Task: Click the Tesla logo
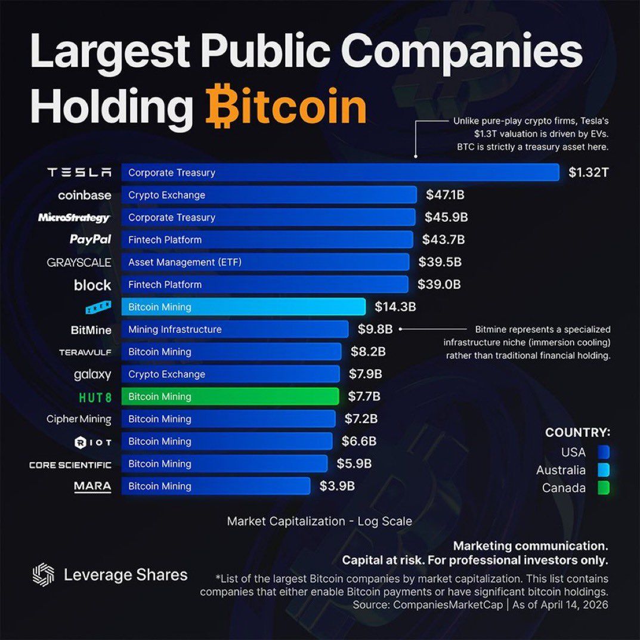click(x=79, y=172)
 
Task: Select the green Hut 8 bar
click(x=230, y=397)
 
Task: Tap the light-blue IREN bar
click(x=243, y=307)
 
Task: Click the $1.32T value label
click(x=588, y=173)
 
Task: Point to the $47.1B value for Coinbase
click(x=446, y=195)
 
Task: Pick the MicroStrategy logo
click(x=74, y=218)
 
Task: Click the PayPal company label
click(x=90, y=240)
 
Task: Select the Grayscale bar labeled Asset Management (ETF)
click(x=265, y=262)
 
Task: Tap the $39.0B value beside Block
click(x=439, y=285)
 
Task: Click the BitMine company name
click(x=91, y=329)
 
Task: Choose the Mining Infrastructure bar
click(x=234, y=329)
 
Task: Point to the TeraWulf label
click(x=85, y=352)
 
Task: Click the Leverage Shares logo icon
click(x=43, y=575)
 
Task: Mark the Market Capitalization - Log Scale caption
click(x=319, y=521)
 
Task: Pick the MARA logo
click(x=92, y=486)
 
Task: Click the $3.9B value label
click(x=337, y=486)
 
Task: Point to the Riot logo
click(x=92, y=442)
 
